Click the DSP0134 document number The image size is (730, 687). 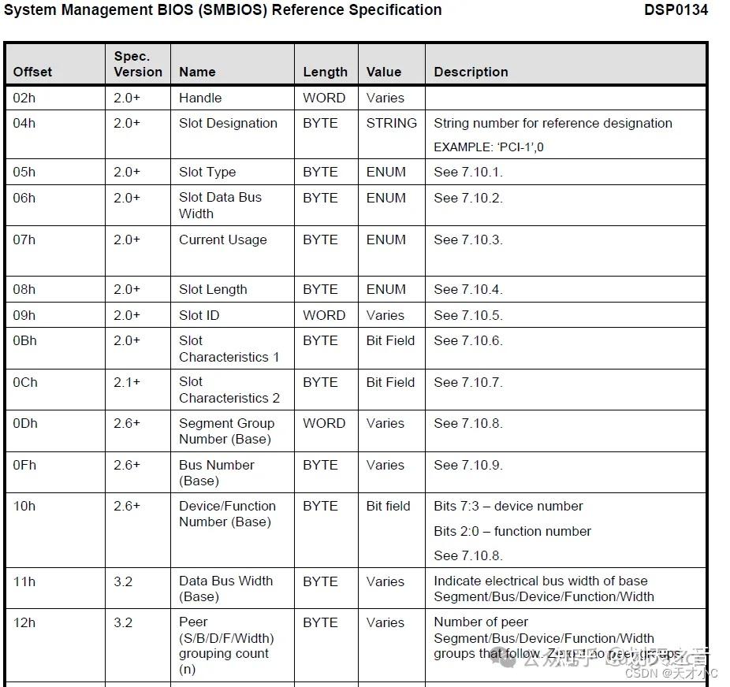point(676,10)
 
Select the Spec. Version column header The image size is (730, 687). point(138,64)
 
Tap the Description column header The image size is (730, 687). point(471,72)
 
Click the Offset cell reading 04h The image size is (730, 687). point(24,123)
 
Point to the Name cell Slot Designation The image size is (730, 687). point(228,123)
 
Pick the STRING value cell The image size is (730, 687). point(391,123)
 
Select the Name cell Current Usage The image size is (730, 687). point(222,240)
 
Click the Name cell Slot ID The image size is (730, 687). point(199,315)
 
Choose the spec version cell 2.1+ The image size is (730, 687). point(126,382)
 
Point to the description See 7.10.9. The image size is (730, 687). point(467,465)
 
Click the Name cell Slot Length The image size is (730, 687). point(213,289)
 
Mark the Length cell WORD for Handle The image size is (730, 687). point(324,98)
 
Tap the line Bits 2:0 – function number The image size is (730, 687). point(512,531)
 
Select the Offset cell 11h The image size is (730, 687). point(24,581)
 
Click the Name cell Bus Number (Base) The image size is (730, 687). point(216,473)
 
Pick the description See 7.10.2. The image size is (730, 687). point(467,198)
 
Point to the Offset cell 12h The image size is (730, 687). point(24,622)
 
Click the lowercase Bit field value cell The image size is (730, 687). point(388,506)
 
